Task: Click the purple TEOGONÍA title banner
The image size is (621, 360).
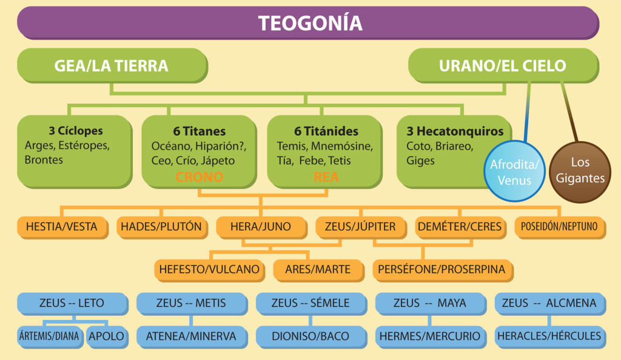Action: tap(308, 23)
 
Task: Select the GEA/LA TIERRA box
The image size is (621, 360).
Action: tap(112, 65)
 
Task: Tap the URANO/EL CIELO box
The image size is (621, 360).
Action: tap(504, 65)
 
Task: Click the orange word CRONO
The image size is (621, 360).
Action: tap(199, 177)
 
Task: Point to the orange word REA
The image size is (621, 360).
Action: tap(326, 177)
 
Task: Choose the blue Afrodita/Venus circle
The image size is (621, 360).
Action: tap(514, 172)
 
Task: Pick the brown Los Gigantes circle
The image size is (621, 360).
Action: tap(580, 172)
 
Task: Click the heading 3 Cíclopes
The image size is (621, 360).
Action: tap(76, 130)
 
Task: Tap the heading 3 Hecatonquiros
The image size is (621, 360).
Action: tap(455, 131)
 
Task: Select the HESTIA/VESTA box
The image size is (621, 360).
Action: tap(62, 227)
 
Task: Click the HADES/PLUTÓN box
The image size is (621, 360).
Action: tap(162, 227)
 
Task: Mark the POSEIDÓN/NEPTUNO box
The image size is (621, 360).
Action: tap(560, 227)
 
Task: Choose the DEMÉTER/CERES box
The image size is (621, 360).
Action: tap(461, 227)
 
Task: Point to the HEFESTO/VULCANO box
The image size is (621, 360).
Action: tap(209, 270)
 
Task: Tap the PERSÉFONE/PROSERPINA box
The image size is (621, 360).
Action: tap(443, 270)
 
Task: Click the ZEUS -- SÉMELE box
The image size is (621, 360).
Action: tap(311, 304)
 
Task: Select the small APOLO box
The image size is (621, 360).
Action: tap(107, 337)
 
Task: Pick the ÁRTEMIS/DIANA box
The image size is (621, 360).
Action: tap(50, 337)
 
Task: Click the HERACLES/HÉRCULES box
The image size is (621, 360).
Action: tap(550, 337)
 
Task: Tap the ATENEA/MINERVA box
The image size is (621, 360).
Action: tap(192, 337)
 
